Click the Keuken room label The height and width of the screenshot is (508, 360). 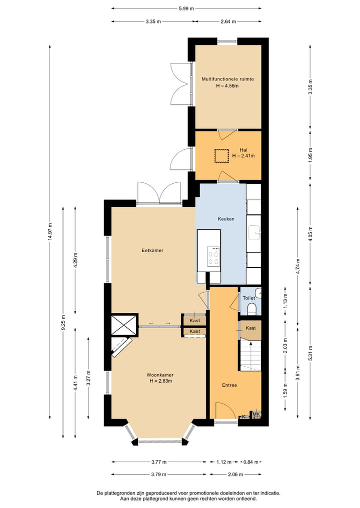pos(226,219)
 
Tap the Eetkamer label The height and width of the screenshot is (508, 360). pos(152,250)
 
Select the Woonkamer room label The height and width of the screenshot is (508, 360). pos(160,375)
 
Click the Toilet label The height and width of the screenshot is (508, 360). pos(249,298)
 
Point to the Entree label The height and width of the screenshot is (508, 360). pos(229,385)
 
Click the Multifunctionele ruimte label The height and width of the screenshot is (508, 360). pos(227,79)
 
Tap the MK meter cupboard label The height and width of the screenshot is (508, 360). pos(256,414)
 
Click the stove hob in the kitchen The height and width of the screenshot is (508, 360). pos(213,256)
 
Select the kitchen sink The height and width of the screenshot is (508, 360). pos(254,232)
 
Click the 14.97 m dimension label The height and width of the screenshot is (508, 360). pos(50,231)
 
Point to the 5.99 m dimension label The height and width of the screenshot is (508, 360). pos(186,9)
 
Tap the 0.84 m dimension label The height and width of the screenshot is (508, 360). pos(251,462)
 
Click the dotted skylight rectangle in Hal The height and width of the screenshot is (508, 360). pos(221,156)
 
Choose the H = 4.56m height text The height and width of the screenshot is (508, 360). pos(227,86)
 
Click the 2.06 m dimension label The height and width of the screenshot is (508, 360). pos(235,475)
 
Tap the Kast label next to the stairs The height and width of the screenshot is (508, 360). pos(250,328)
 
